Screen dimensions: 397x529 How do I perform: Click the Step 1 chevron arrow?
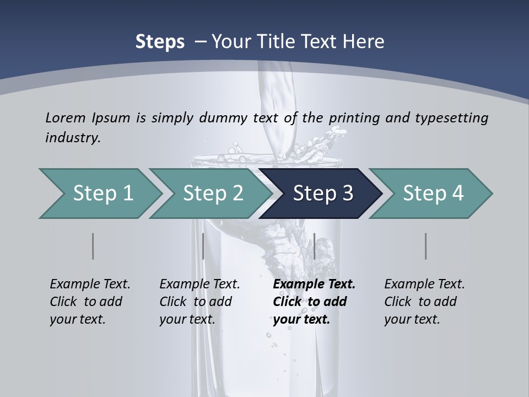click(102, 194)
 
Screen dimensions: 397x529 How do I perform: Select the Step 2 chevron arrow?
click(213, 194)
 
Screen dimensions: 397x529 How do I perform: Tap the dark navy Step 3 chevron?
click(322, 194)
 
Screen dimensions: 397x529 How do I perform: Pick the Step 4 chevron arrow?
click(433, 194)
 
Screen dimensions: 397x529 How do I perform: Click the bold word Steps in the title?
click(160, 41)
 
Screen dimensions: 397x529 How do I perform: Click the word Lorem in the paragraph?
click(65, 117)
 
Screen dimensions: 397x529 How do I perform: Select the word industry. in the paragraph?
click(73, 138)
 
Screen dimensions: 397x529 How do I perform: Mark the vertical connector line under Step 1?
click(93, 246)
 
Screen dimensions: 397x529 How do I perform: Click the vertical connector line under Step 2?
click(203, 246)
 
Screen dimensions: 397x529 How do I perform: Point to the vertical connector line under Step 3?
click(314, 246)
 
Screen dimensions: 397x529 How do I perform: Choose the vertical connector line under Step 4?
click(426, 246)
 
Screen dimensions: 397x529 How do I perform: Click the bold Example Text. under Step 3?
click(314, 284)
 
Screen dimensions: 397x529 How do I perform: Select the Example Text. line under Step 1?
click(90, 284)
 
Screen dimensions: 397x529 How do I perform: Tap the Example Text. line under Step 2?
click(199, 284)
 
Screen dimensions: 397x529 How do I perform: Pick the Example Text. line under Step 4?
click(424, 284)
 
